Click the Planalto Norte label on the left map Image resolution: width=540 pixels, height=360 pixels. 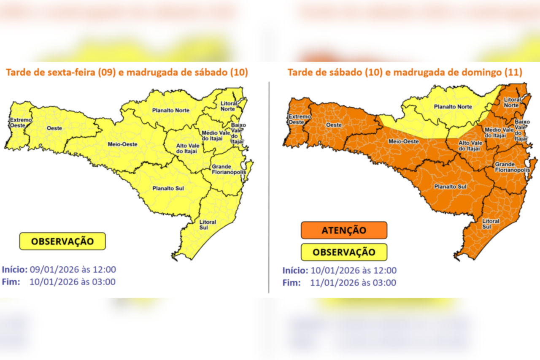point(171,111)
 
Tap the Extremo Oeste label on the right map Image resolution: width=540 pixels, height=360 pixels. point(295,119)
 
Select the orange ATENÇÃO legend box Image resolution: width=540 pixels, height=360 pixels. point(344,230)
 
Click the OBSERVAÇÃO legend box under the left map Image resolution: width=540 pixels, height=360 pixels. point(62,241)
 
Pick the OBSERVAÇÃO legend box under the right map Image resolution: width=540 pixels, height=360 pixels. point(344,252)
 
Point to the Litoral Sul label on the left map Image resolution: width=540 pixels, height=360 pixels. point(208,225)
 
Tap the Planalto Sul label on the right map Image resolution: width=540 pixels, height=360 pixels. point(450,186)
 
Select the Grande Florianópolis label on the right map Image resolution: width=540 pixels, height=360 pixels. point(512,167)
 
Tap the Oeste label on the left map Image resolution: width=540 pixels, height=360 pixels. point(55,127)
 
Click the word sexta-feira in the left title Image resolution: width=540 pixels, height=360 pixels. point(69,72)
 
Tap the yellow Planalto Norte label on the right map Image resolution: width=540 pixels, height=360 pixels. point(453,107)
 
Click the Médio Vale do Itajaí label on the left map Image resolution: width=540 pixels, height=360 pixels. point(216,135)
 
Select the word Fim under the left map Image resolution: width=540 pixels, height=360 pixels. point(11,282)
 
